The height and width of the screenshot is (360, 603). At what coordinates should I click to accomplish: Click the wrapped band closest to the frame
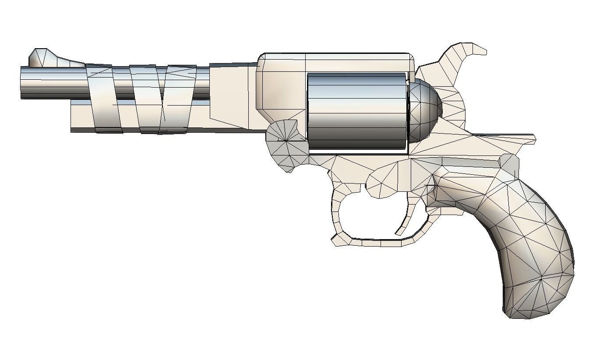[177, 99]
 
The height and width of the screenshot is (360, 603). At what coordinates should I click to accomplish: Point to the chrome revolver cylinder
[357, 111]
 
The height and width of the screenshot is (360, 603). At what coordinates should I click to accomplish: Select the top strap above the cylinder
[337, 62]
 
